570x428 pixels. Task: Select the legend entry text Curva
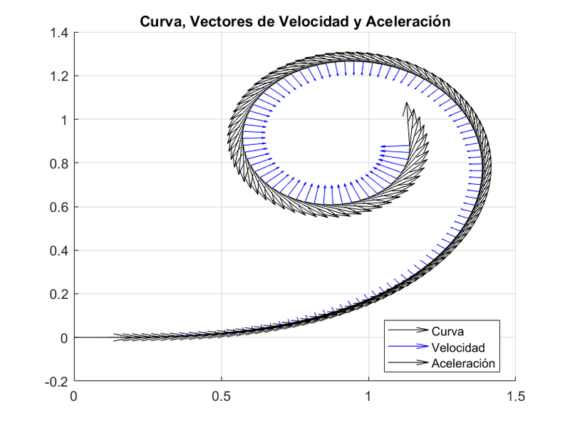[447, 332]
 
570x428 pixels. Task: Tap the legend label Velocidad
[457, 347]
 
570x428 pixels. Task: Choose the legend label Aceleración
[463, 364]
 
